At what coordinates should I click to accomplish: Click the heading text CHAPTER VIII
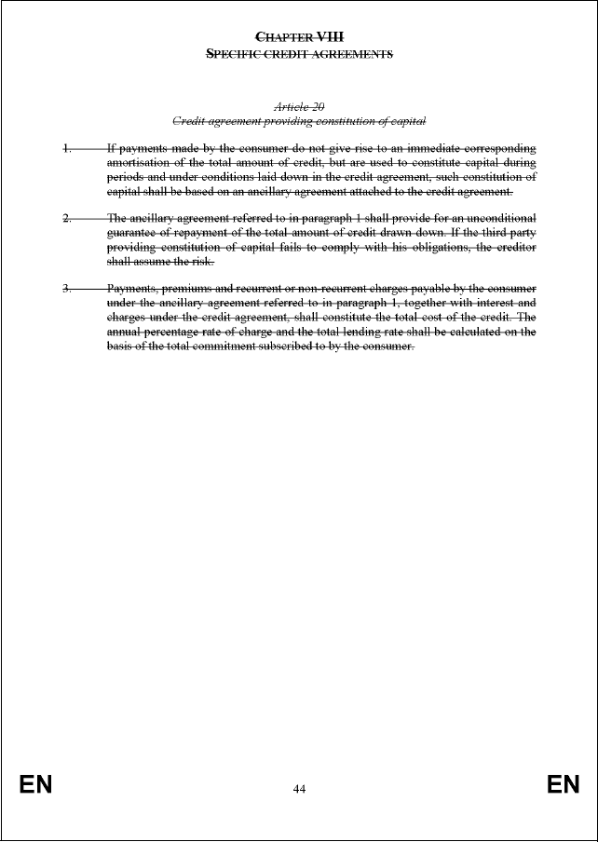299,36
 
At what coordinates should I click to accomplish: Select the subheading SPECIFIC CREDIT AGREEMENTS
299,54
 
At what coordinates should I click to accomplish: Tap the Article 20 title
299,107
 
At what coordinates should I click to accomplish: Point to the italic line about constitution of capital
299,121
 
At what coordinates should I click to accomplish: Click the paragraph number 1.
67,148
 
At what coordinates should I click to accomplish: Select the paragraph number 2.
67,218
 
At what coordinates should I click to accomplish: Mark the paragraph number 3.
67,288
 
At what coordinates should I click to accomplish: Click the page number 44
299,789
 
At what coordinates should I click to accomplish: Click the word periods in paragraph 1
126,177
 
